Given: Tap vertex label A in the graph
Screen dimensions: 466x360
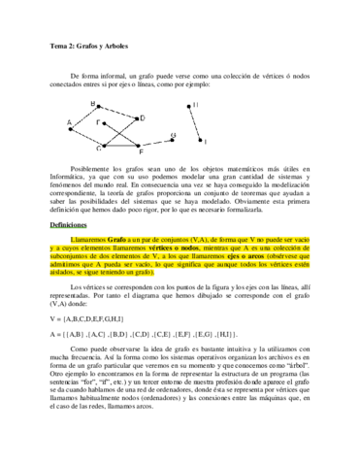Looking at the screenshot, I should pos(70,122).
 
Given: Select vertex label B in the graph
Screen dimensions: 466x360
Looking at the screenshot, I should pos(93,103).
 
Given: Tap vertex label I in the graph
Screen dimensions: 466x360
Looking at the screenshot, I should pos(205,143).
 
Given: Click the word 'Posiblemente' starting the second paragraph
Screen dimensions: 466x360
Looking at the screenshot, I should pos(94,171).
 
